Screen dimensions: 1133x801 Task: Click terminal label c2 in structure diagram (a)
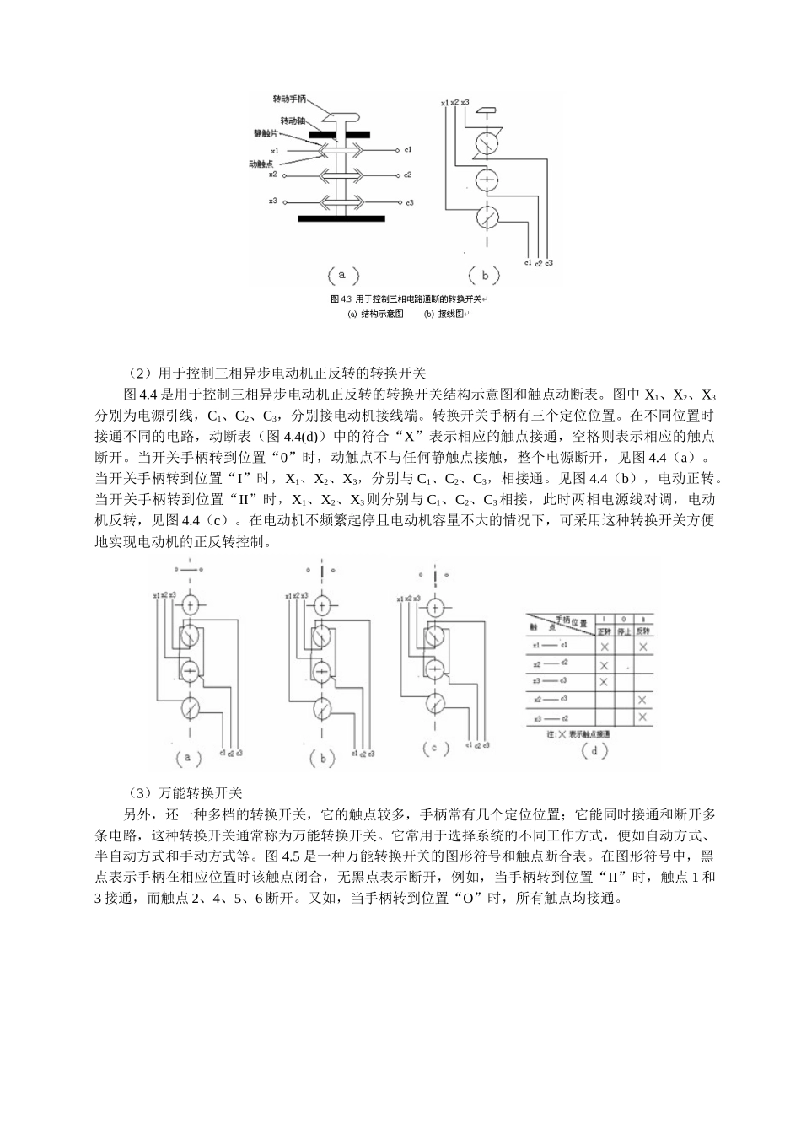click(407, 175)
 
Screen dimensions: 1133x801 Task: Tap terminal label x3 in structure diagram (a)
click(272, 201)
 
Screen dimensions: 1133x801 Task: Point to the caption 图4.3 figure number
click(341, 300)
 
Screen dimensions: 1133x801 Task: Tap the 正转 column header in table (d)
click(604, 630)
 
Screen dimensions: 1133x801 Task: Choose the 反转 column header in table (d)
click(642, 630)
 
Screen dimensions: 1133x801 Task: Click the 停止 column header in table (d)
click(623, 630)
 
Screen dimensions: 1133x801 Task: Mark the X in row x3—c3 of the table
click(604, 680)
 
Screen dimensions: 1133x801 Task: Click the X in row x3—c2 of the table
click(642, 717)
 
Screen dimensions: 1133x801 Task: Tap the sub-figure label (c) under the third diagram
click(433, 748)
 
